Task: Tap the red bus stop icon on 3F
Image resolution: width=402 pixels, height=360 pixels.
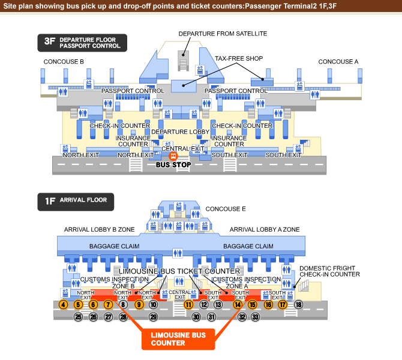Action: tap(173, 156)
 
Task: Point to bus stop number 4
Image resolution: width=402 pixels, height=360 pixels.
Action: tap(63, 305)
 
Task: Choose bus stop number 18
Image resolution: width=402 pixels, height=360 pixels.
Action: tap(298, 305)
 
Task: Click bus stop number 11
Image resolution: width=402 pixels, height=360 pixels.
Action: tap(188, 305)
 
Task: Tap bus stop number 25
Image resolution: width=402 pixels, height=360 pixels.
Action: tap(78, 316)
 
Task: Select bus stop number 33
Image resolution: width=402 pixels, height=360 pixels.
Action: tap(255, 316)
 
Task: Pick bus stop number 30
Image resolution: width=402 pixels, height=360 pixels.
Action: tap(196, 316)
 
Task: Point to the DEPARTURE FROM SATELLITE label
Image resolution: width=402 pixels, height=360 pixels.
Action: tap(223, 34)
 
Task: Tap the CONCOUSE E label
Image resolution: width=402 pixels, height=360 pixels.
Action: tap(226, 209)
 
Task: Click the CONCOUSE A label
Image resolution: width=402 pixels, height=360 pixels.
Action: tap(338, 62)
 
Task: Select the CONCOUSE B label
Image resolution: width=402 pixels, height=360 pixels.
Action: tap(64, 62)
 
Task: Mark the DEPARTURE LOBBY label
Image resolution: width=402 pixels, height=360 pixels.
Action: tap(181, 131)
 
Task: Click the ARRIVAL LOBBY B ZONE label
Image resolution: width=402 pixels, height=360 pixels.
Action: tap(100, 230)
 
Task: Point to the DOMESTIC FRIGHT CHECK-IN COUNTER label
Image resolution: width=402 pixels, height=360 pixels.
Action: tap(329, 271)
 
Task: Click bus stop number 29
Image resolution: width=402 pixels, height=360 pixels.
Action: tap(153, 316)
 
